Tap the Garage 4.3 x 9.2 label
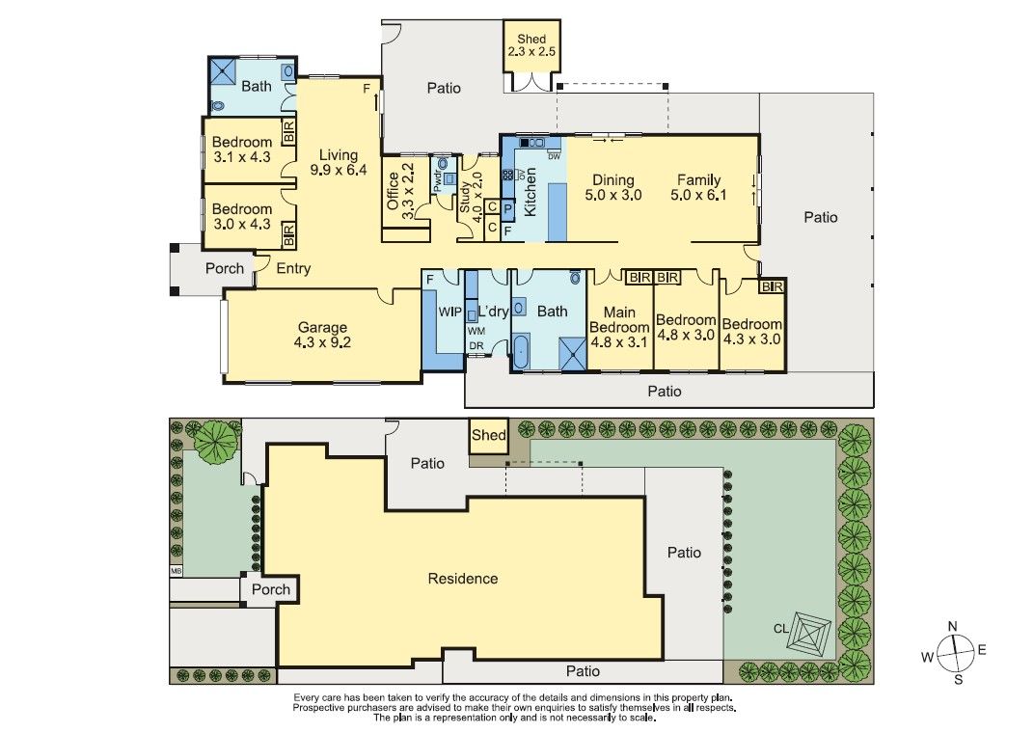click(x=322, y=335)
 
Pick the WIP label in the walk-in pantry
click(x=449, y=312)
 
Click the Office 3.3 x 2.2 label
click(x=400, y=192)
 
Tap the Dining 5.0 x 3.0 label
click(x=613, y=187)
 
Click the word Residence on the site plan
click(x=463, y=579)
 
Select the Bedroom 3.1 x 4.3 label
click(x=241, y=150)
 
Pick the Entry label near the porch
click(x=292, y=269)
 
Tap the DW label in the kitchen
click(x=554, y=155)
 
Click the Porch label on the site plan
click(x=271, y=589)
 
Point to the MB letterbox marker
click(x=176, y=571)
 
